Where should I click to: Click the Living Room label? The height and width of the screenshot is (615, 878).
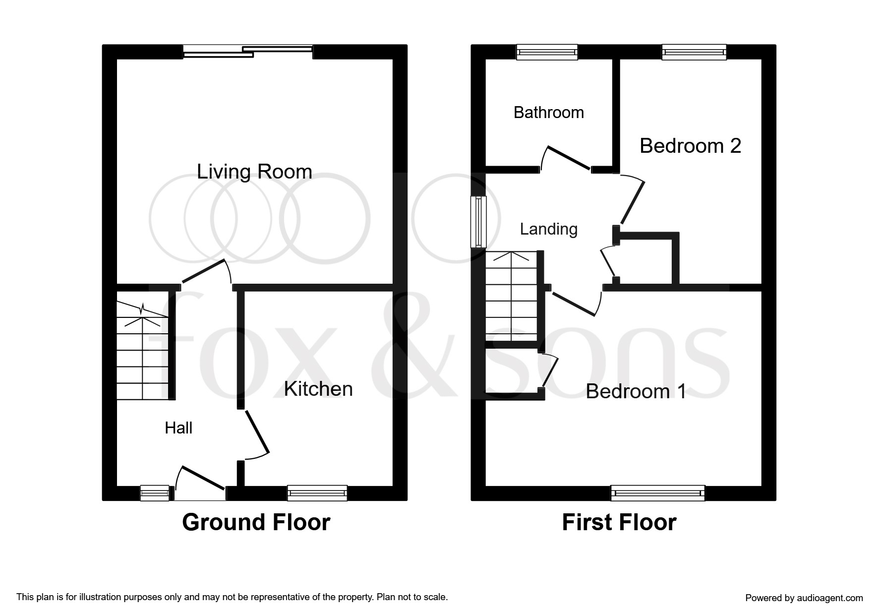click(254, 172)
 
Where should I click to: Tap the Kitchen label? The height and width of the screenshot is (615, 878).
click(318, 389)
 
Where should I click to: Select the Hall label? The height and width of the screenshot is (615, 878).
click(178, 428)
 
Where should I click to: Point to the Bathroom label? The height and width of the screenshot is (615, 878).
click(549, 113)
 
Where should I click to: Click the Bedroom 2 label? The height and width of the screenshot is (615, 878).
click(690, 146)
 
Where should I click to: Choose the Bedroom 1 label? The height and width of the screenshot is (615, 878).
click(636, 391)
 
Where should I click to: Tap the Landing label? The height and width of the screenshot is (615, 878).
click(549, 229)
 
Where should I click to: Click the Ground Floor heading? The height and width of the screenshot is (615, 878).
click(256, 522)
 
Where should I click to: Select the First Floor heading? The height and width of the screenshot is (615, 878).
click(619, 522)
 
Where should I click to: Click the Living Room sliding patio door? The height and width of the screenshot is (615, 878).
click(248, 52)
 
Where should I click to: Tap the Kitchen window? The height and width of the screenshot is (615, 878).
click(317, 493)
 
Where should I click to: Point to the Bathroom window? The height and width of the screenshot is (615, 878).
click(547, 52)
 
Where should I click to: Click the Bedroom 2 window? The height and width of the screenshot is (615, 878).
click(694, 52)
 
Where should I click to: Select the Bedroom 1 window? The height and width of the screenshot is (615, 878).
click(657, 493)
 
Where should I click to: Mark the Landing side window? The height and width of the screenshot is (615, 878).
click(478, 221)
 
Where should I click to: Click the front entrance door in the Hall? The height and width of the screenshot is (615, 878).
click(201, 484)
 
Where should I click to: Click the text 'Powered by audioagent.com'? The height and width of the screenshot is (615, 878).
click(804, 598)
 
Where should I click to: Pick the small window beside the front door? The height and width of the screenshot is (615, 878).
click(155, 493)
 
